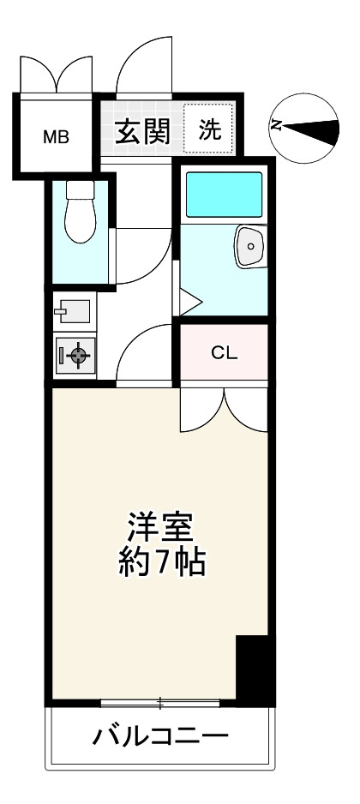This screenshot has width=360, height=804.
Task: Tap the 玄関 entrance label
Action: [x=141, y=132]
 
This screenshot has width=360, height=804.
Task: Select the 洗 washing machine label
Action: [x=210, y=130]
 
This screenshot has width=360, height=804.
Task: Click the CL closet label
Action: [x=225, y=351]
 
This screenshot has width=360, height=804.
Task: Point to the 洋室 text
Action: [x=162, y=525]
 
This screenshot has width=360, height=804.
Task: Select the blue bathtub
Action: [x=225, y=195]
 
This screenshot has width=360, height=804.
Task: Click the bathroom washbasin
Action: [x=251, y=247]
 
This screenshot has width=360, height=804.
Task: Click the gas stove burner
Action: [x=77, y=355]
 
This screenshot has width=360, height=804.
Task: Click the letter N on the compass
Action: [x=277, y=126]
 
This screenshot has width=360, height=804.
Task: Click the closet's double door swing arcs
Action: [x=225, y=410]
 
